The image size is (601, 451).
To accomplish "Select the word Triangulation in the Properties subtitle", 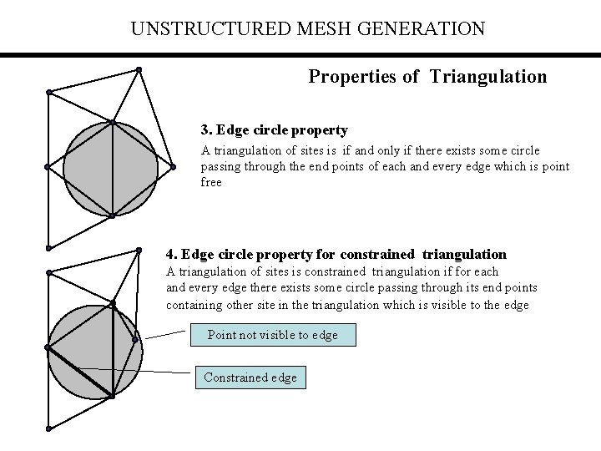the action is [x=488, y=77].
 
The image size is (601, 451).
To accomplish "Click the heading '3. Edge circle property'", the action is [x=274, y=130].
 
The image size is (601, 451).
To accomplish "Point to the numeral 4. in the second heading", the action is [x=171, y=254].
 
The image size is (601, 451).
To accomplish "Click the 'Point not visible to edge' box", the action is [x=273, y=335].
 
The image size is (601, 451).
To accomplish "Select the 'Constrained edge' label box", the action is [x=250, y=378].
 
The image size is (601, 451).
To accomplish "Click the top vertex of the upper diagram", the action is [x=139, y=68].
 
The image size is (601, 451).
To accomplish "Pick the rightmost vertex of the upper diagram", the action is [x=173, y=167].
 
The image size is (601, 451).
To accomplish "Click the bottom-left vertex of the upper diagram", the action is [x=48, y=248].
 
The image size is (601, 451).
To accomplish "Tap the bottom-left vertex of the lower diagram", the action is [x=48, y=428].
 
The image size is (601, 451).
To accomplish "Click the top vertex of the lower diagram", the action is [x=139, y=249].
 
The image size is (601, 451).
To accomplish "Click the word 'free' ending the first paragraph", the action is [x=211, y=182].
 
